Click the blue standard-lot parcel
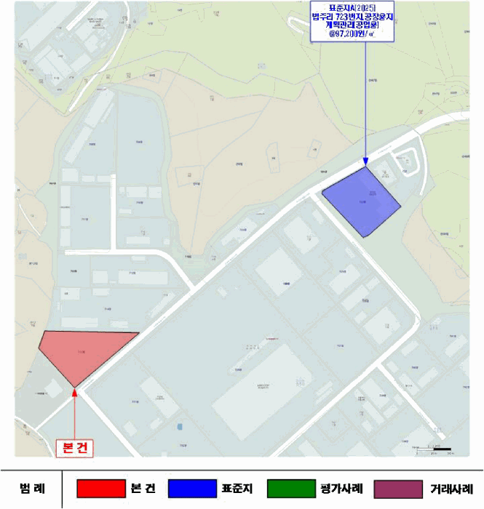pos(362,200)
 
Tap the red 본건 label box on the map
pos(76,448)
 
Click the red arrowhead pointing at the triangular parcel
pos(75,392)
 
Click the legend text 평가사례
pos(341,488)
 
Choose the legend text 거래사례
pos(451,488)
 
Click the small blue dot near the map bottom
pos(179,426)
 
